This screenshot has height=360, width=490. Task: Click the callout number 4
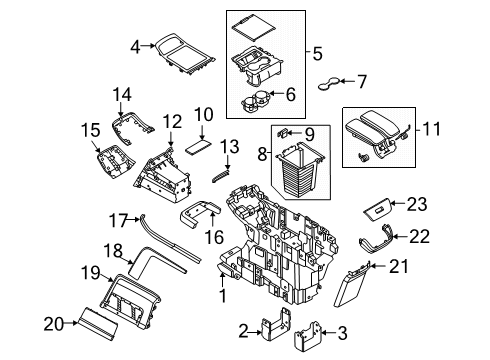[135, 44]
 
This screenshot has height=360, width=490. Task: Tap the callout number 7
[363, 81]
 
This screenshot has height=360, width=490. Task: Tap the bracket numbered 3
[317, 332]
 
